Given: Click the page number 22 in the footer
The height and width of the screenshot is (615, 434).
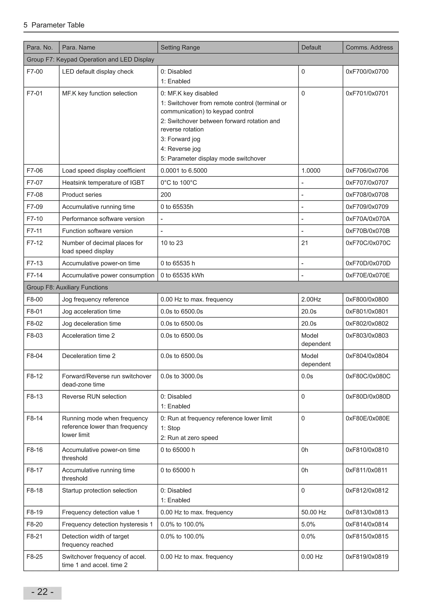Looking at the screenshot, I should [x=42, y=592].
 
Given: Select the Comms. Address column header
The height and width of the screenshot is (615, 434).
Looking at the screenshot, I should [x=369, y=47].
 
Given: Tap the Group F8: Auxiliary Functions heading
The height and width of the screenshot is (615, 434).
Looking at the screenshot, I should [x=67, y=287].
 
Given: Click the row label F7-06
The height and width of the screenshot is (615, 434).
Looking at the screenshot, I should [x=35, y=171].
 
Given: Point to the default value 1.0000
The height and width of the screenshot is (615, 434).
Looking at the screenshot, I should [x=311, y=171].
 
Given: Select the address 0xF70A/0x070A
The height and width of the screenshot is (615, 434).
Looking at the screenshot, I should [x=367, y=219].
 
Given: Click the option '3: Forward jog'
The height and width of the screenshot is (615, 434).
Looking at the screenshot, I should [x=180, y=139].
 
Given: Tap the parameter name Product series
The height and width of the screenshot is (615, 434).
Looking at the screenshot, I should [x=82, y=195].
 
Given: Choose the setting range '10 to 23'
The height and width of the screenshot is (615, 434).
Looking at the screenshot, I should [x=172, y=243].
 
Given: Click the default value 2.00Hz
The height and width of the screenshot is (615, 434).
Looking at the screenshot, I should [x=311, y=299].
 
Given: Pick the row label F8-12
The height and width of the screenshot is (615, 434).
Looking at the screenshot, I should [x=35, y=376].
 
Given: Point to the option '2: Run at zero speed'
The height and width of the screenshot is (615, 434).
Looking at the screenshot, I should [x=189, y=438].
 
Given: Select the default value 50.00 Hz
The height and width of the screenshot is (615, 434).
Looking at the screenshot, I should [x=313, y=512].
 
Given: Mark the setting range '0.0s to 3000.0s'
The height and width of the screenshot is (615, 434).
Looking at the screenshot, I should [x=182, y=376].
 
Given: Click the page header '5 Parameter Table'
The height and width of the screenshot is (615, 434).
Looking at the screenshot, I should [x=54, y=25].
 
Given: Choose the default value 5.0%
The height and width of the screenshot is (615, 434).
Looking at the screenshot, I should [x=308, y=524].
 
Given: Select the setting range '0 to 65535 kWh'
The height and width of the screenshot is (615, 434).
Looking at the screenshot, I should [x=182, y=275].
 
